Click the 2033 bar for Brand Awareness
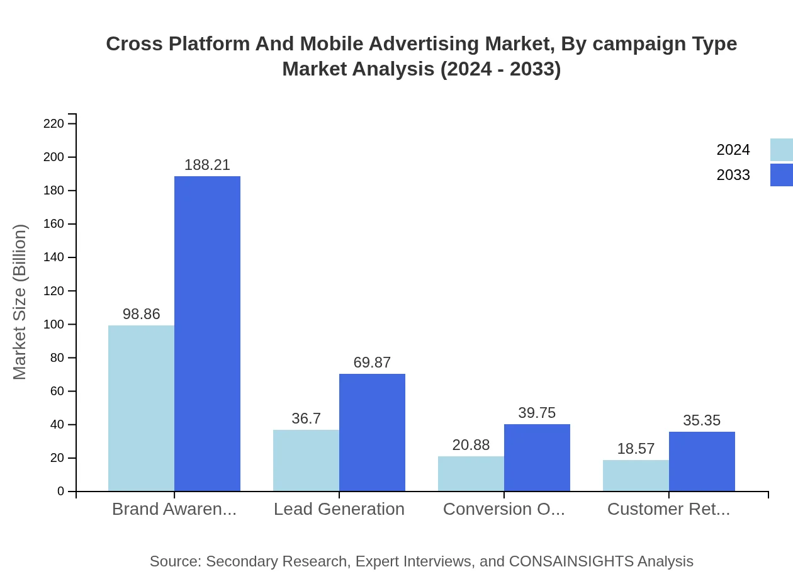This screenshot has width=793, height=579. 207,334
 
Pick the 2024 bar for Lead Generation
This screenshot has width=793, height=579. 306,460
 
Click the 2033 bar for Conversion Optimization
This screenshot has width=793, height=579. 537,458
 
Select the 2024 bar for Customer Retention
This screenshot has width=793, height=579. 636,475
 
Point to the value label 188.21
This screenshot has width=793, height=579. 207,165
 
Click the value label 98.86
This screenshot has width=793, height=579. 141,314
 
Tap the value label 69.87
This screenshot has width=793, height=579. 372,363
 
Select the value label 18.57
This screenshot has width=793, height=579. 636,449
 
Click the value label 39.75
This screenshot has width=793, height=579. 537,413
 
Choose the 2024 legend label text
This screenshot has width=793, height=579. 733,150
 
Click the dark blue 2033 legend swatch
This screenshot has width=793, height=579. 781,175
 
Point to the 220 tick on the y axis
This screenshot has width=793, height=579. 54,123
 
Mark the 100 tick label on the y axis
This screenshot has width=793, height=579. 54,325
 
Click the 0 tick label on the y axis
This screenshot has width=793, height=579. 61,492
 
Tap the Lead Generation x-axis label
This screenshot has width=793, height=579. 339,509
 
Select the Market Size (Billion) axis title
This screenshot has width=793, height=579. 20,302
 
